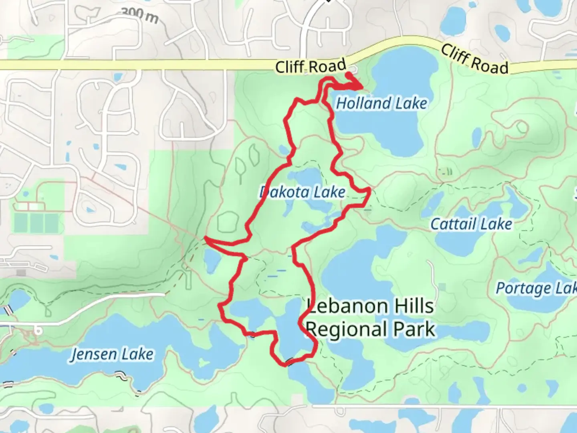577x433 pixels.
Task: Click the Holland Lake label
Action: pos(381,103)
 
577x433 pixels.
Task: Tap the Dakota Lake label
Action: pos(303,192)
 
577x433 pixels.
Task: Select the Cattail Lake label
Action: pos(471,224)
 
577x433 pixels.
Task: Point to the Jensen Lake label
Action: pos(112,354)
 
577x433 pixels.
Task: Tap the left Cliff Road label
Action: pos(311,66)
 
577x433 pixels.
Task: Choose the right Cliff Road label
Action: pos(474,60)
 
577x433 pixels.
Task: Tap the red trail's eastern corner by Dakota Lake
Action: pos(369,189)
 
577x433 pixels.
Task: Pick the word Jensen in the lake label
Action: pos(94,354)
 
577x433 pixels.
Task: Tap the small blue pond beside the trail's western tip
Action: pos(211,261)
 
